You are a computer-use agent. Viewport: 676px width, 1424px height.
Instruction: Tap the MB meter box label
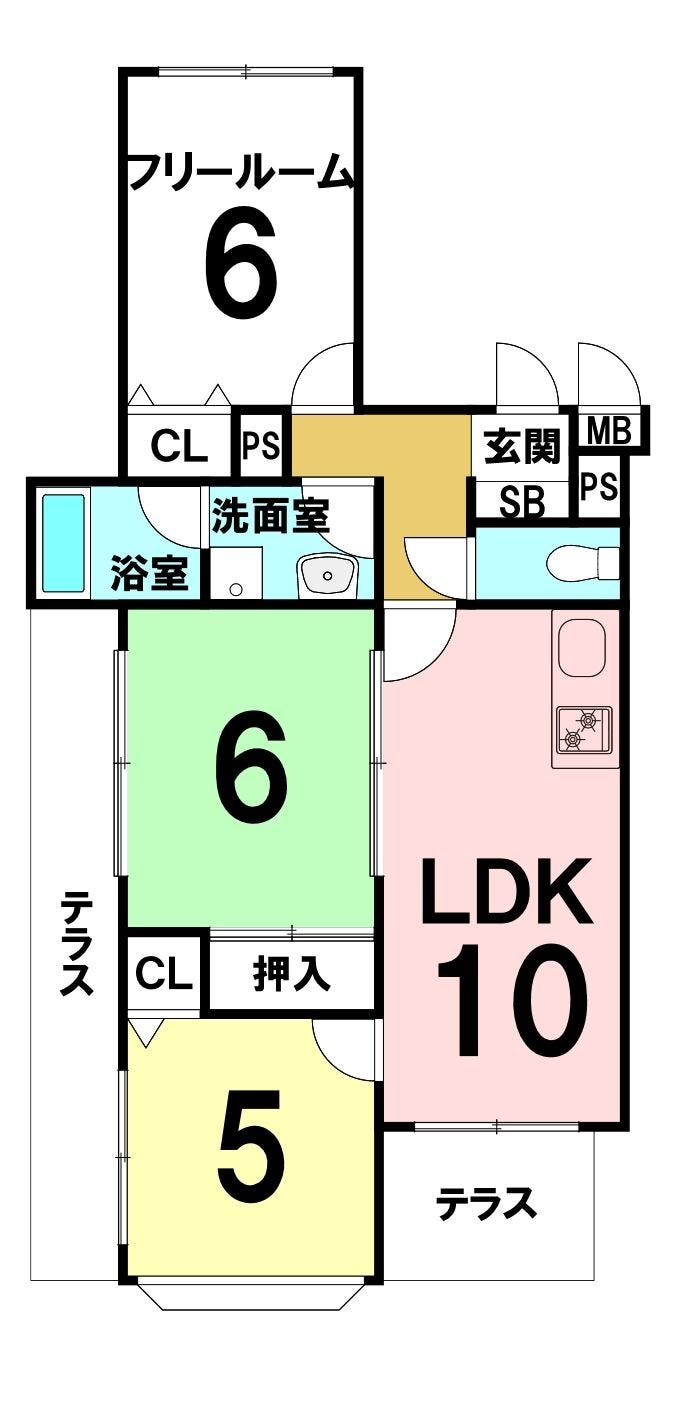point(609,430)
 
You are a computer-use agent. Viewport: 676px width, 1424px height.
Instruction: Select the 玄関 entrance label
point(522,446)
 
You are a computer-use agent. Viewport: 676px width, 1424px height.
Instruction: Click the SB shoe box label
point(522,502)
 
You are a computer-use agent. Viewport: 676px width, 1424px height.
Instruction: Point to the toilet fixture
point(583,562)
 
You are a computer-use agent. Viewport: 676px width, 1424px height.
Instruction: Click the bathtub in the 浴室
point(64,543)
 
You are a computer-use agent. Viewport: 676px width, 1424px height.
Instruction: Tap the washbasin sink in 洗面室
point(327,575)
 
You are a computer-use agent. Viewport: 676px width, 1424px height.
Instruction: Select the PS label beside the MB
point(599,487)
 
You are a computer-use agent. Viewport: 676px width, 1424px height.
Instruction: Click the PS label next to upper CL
point(261,446)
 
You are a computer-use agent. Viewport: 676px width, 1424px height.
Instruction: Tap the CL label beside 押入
point(164,973)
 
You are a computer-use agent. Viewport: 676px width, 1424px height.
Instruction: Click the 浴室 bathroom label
point(150,573)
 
